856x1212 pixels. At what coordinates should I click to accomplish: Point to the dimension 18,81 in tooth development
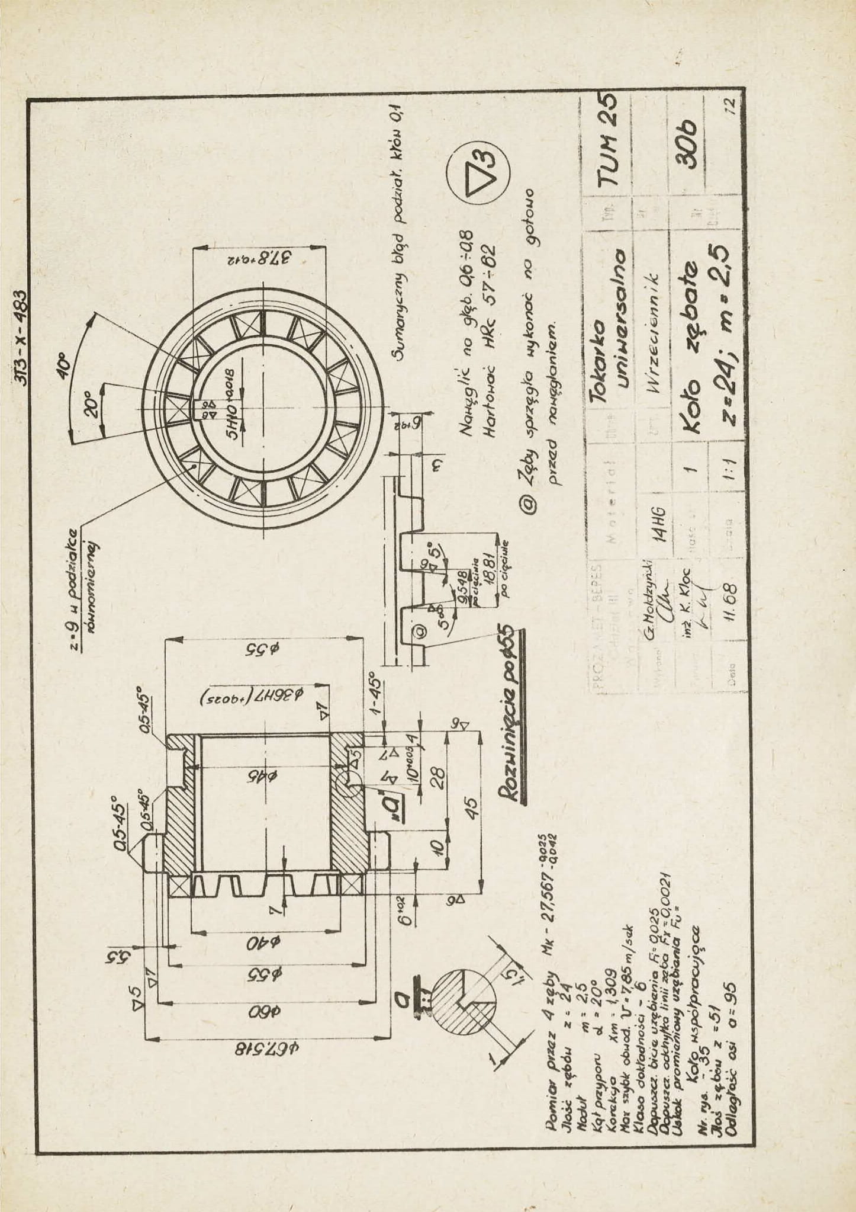(x=488, y=566)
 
